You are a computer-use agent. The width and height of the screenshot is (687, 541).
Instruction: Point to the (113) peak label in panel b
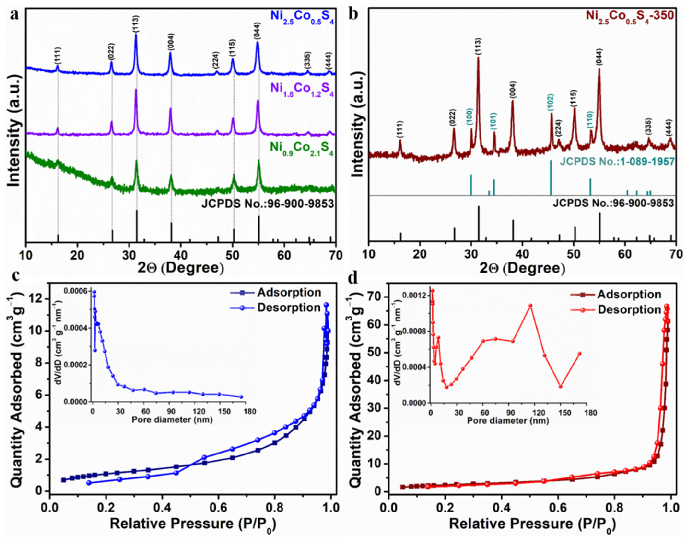478,47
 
